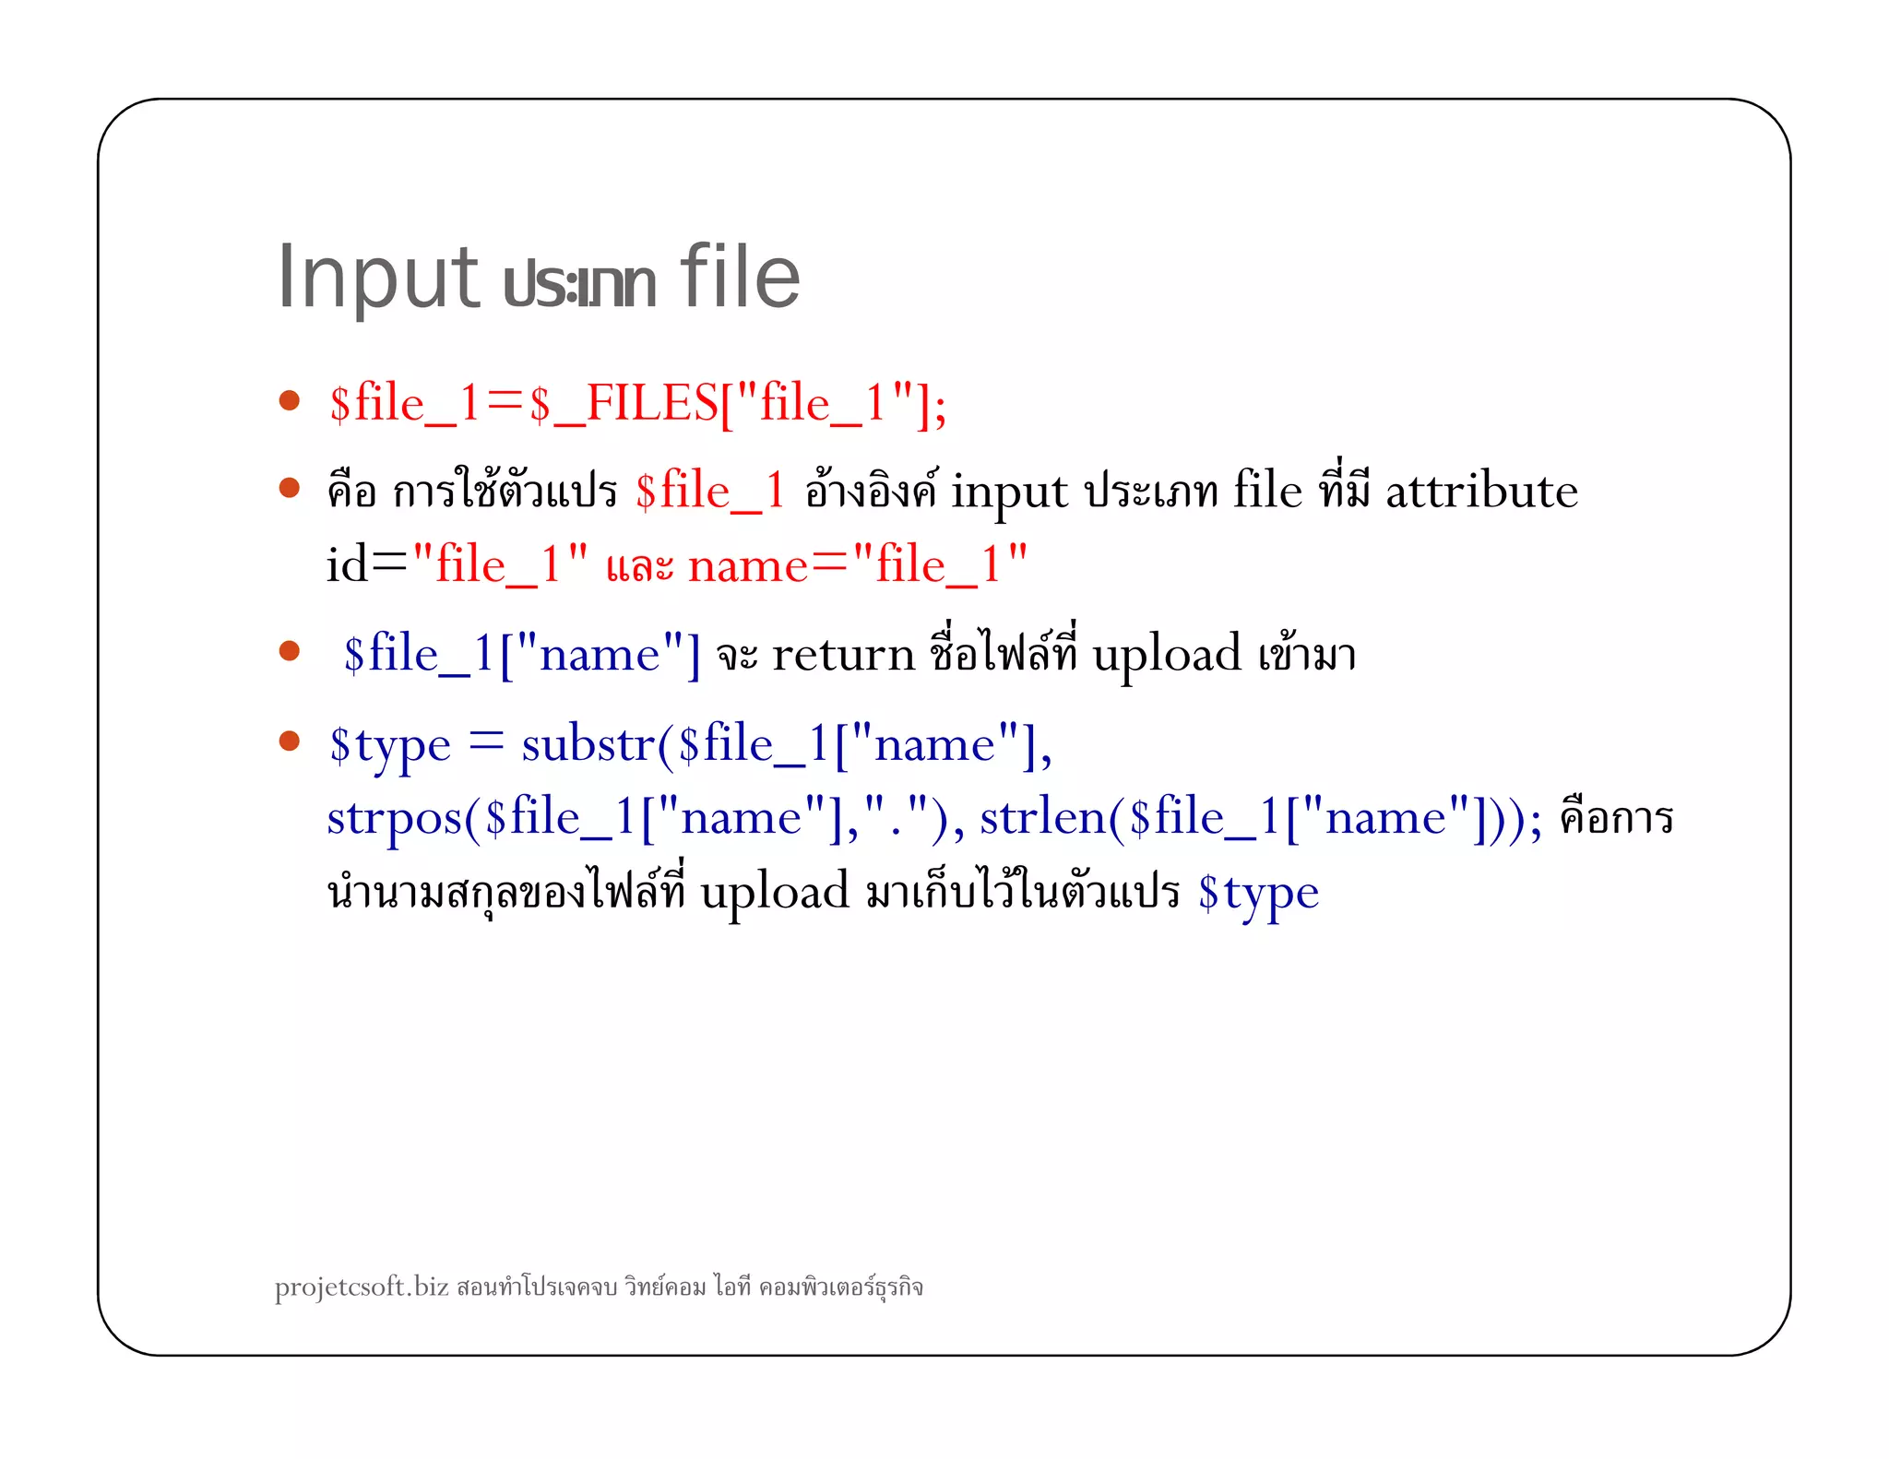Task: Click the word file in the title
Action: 740,277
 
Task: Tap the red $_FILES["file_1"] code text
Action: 738,404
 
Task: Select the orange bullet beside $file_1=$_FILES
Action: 290,400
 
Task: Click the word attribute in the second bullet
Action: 1481,491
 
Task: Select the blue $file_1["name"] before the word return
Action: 522,655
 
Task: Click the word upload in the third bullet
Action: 1166,655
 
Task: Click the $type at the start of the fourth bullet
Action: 390,745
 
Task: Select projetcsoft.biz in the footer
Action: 362,1287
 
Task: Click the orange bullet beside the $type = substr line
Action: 290,741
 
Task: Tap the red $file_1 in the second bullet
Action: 710,491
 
